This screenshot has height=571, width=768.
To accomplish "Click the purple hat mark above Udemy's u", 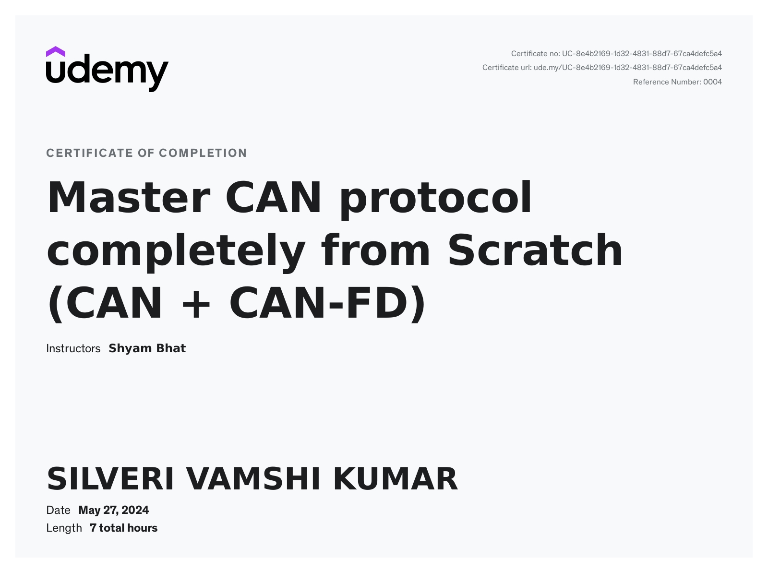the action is [55, 52].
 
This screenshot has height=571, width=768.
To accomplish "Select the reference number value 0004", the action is [712, 82].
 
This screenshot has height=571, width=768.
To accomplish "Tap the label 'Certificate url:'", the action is [507, 68].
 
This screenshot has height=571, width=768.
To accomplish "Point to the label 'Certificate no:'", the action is [535, 54].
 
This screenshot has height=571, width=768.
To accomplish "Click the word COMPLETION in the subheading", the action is [203, 153].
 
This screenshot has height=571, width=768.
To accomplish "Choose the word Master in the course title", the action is [129, 197].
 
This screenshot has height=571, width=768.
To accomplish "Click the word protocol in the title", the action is [436, 200].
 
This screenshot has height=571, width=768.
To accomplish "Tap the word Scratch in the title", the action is [535, 250].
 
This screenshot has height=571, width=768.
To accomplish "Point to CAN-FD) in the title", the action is [327, 303].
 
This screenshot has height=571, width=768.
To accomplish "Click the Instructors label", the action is [73, 348].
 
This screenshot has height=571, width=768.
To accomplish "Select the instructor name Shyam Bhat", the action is [147, 348].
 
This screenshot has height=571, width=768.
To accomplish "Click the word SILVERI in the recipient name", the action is [110, 479].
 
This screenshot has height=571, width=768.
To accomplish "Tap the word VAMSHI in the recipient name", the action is [253, 479].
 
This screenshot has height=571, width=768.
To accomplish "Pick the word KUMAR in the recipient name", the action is [396, 479].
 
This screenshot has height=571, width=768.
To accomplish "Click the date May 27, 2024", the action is [114, 510].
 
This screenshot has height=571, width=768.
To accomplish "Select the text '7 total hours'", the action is [124, 528].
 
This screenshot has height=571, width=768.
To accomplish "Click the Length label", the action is [64, 528].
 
